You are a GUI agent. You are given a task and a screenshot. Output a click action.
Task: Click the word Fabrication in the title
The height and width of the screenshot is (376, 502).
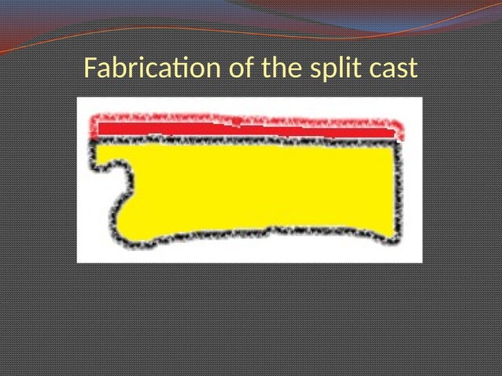coord(154,69)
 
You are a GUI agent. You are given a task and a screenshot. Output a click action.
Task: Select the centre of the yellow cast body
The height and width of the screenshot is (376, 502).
coord(260,189)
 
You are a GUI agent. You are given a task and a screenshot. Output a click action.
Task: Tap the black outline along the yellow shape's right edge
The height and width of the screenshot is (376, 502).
coord(397,189)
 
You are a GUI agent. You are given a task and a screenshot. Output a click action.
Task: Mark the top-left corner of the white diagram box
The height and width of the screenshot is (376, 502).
coord(77,98)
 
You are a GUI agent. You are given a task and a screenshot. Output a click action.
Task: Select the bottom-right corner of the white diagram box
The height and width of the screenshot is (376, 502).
coord(422,261)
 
